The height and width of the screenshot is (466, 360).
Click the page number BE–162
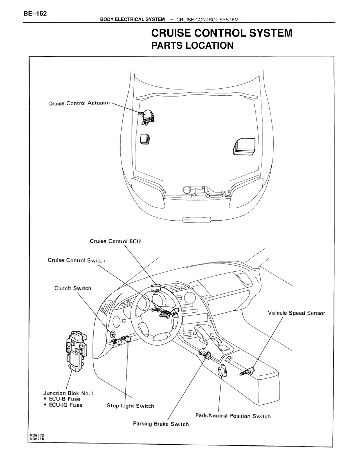35,14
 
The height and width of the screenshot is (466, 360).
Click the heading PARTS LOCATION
192,46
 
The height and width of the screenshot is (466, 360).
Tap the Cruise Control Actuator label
79,103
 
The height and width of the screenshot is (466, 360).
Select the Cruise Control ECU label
115,241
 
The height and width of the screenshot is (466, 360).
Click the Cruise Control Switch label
76,260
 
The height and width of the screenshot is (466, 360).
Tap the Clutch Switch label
73,288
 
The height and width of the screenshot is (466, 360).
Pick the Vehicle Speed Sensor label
296,313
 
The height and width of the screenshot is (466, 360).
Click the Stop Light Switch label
130,406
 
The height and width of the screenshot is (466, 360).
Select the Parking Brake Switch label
161,424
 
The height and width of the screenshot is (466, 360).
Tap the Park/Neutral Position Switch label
233,416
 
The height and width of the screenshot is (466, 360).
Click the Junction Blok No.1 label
68,393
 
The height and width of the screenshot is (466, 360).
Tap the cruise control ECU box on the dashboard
155,287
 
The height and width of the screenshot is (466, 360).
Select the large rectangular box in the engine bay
244,146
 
